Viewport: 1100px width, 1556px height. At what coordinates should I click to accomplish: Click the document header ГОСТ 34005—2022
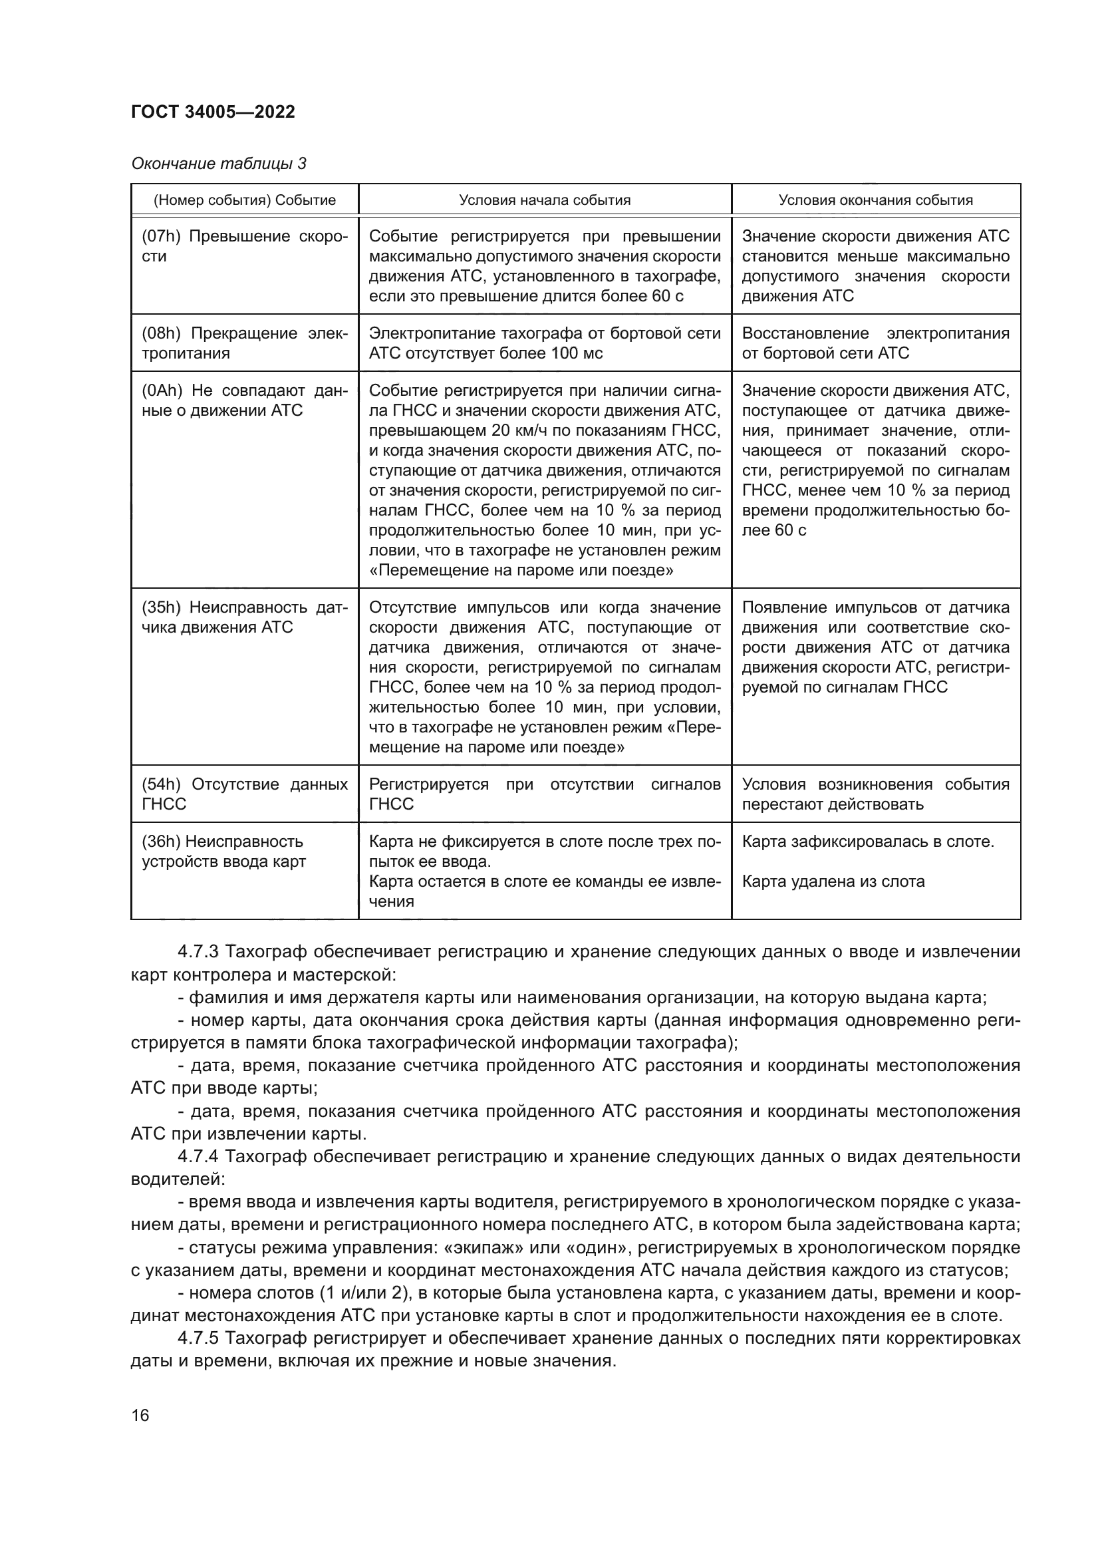pyautogui.click(x=213, y=112)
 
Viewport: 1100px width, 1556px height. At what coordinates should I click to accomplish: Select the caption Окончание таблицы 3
pyautogui.click(x=218, y=164)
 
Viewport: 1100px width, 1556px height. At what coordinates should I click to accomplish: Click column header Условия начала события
pyautogui.click(x=545, y=200)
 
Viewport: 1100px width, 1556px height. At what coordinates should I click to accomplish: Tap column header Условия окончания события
pyautogui.click(x=875, y=200)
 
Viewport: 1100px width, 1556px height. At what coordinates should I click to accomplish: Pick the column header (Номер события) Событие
pyautogui.click(x=245, y=200)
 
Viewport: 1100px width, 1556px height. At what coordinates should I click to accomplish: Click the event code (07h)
pyautogui.click(x=161, y=236)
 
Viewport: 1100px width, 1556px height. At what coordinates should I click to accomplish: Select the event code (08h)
pyautogui.click(x=161, y=333)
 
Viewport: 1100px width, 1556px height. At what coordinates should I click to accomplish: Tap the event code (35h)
pyautogui.click(x=161, y=607)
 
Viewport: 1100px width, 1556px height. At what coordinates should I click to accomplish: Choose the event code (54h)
pyautogui.click(x=161, y=784)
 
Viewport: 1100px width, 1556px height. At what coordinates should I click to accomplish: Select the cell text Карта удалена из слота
pyautogui.click(x=833, y=881)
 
